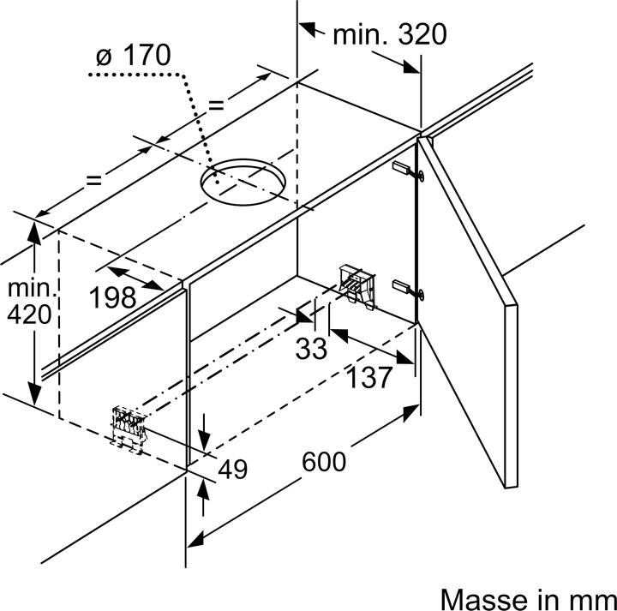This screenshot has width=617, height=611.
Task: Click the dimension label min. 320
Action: pyautogui.click(x=390, y=34)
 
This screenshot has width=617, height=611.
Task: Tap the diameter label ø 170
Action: pyautogui.click(x=134, y=55)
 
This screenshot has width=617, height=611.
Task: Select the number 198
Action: pyautogui.click(x=113, y=297)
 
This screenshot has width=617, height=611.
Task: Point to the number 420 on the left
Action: pyautogui.click(x=29, y=314)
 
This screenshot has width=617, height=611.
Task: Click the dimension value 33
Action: pyautogui.click(x=311, y=348)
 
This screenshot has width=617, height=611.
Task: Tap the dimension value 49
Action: pyautogui.click(x=232, y=469)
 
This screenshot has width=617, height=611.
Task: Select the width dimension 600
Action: pyautogui.click(x=324, y=461)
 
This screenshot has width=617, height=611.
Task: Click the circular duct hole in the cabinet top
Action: pyautogui.click(x=243, y=182)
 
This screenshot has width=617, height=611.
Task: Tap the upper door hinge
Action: pyautogui.click(x=409, y=171)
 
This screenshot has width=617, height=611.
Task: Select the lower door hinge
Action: pyautogui.click(x=409, y=289)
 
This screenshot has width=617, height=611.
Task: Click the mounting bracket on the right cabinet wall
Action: pyautogui.click(x=357, y=287)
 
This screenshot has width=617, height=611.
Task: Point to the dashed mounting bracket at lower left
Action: pyautogui.click(x=129, y=429)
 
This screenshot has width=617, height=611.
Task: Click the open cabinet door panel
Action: pyautogui.click(x=468, y=313)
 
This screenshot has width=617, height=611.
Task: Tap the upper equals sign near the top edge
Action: pyautogui.click(x=216, y=105)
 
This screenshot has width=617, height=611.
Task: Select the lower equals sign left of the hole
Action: pyautogui.click(x=93, y=180)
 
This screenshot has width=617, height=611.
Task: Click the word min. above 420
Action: pyautogui.click(x=32, y=289)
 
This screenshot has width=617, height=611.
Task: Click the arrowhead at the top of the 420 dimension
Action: pyautogui.click(x=34, y=232)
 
